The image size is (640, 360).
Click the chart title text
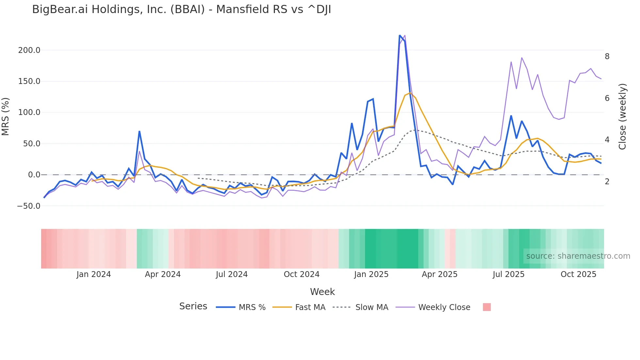click(x=182, y=9)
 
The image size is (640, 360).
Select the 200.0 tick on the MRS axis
click(x=29, y=50)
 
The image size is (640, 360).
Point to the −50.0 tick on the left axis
click(x=29, y=206)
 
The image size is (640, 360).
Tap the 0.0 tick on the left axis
click(x=34, y=175)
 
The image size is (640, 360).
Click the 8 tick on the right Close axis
click(x=607, y=57)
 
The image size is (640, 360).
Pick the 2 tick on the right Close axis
click(x=607, y=182)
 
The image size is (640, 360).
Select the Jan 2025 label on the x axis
click(x=371, y=274)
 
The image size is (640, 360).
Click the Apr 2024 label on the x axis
click(x=163, y=274)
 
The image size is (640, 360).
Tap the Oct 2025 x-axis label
click(x=578, y=274)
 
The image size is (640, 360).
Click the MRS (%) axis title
click(x=6, y=116)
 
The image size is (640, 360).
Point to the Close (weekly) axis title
click(x=622, y=116)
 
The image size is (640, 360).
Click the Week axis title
click(x=322, y=292)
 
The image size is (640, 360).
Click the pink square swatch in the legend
click(x=487, y=307)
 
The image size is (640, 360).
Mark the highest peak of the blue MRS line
click(x=400, y=35)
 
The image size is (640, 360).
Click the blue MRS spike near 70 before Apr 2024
click(x=139, y=131)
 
